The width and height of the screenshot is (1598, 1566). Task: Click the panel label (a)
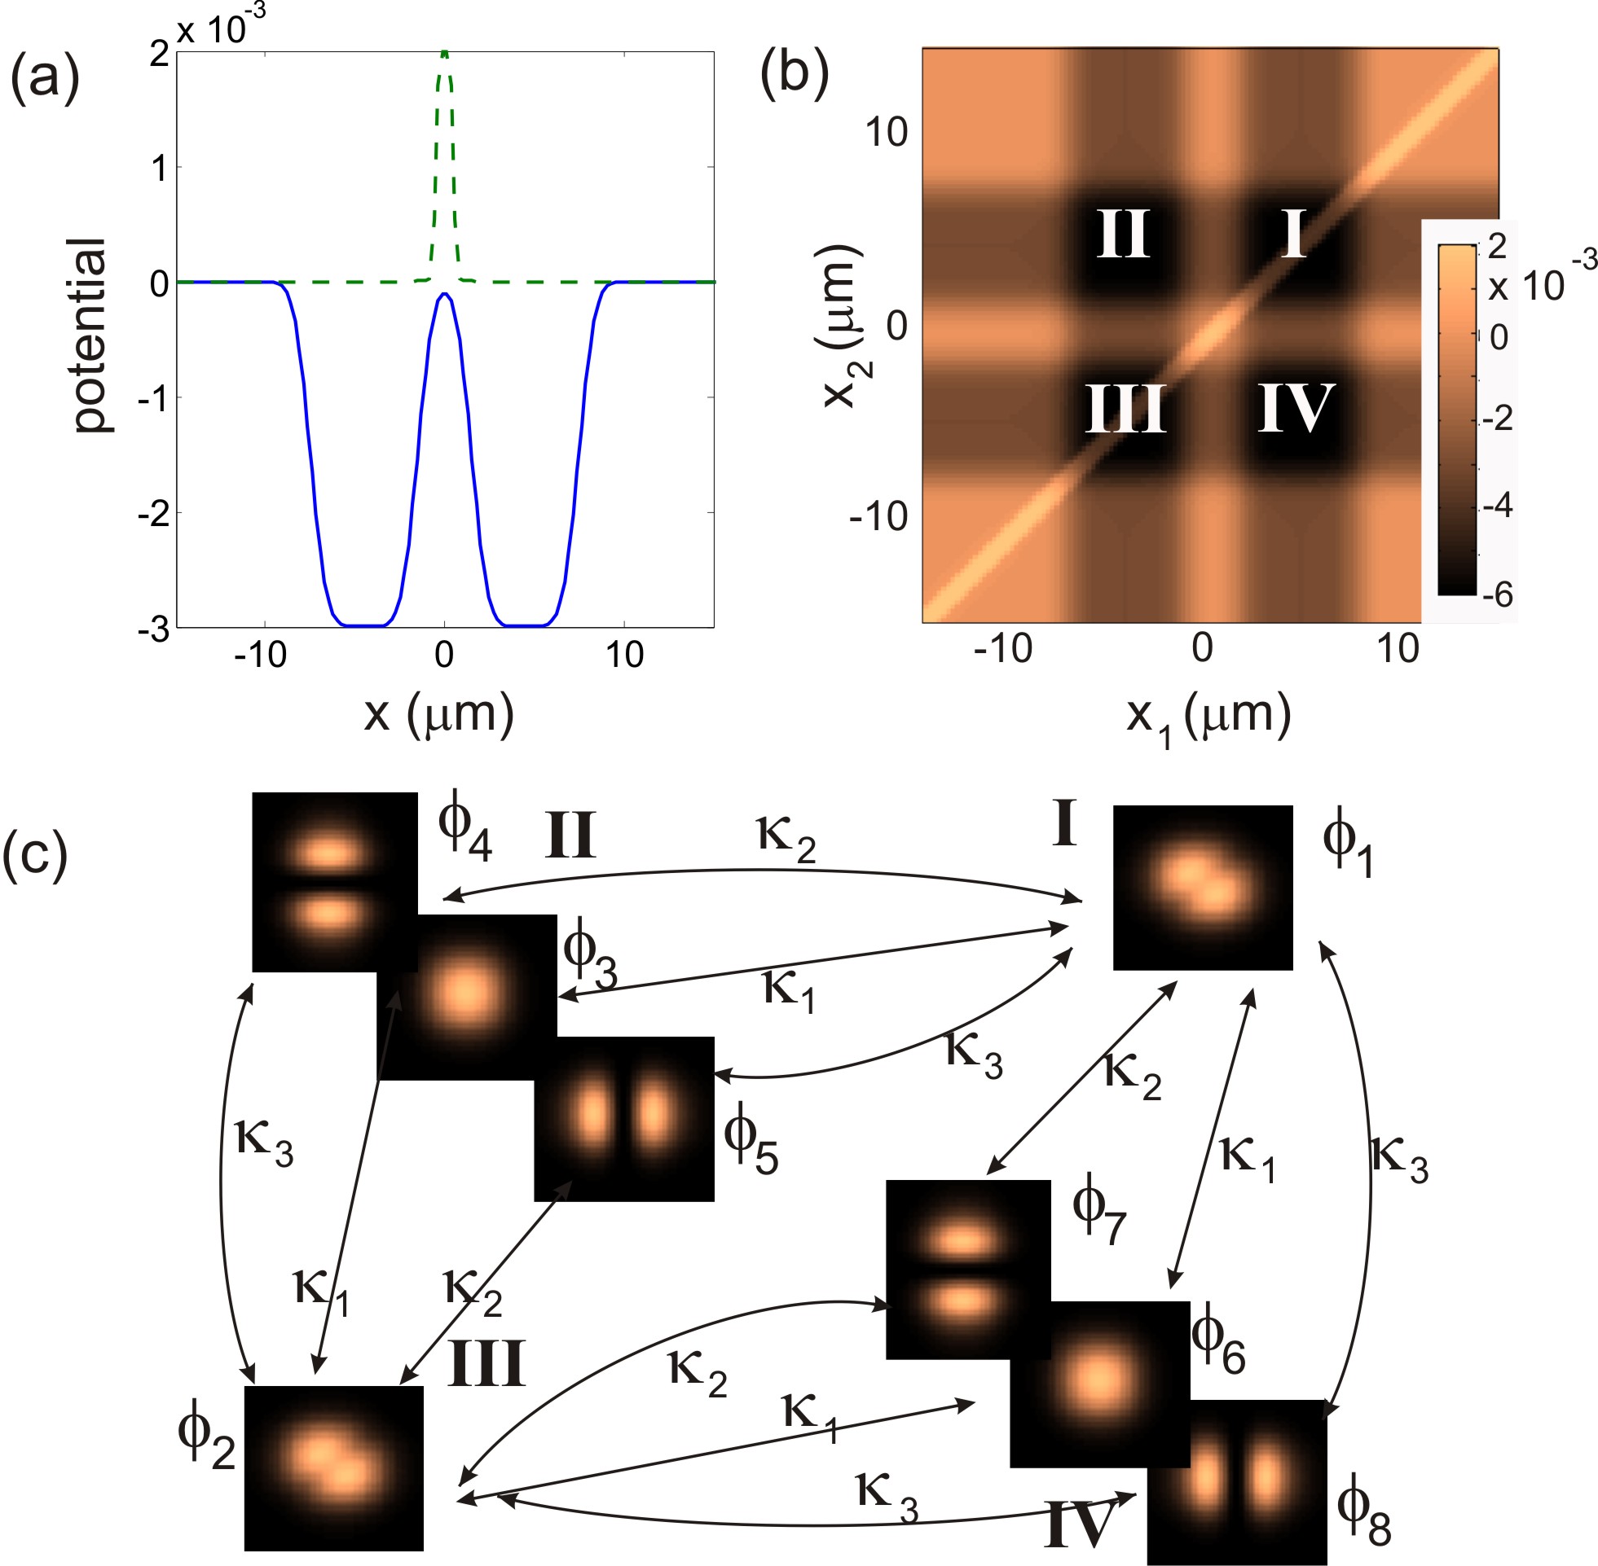pyautogui.click(x=45, y=80)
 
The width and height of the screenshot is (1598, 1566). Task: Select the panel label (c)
pyautogui.click(x=34, y=856)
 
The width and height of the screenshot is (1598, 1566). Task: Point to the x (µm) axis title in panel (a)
pyautogui.click(x=439, y=714)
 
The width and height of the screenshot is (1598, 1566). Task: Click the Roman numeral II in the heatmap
pyautogui.click(x=1123, y=234)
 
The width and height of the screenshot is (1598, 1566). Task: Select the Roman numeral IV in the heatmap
pyautogui.click(x=1295, y=408)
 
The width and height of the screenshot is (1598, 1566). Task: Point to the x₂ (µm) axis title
pyautogui.click(x=843, y=326)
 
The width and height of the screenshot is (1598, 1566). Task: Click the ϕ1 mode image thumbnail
pyautogui.click(x=1202, y=888)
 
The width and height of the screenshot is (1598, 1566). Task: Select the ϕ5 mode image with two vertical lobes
pyautogui.click(x=623, y=1120)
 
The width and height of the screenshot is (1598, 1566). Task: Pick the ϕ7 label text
pyautogui.click(x=1098, y=1214)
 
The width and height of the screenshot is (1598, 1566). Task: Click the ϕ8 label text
pyautogui.click(x=1362, y=1515)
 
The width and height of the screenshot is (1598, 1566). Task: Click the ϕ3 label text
pyautogui.click(x=589, y=958)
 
